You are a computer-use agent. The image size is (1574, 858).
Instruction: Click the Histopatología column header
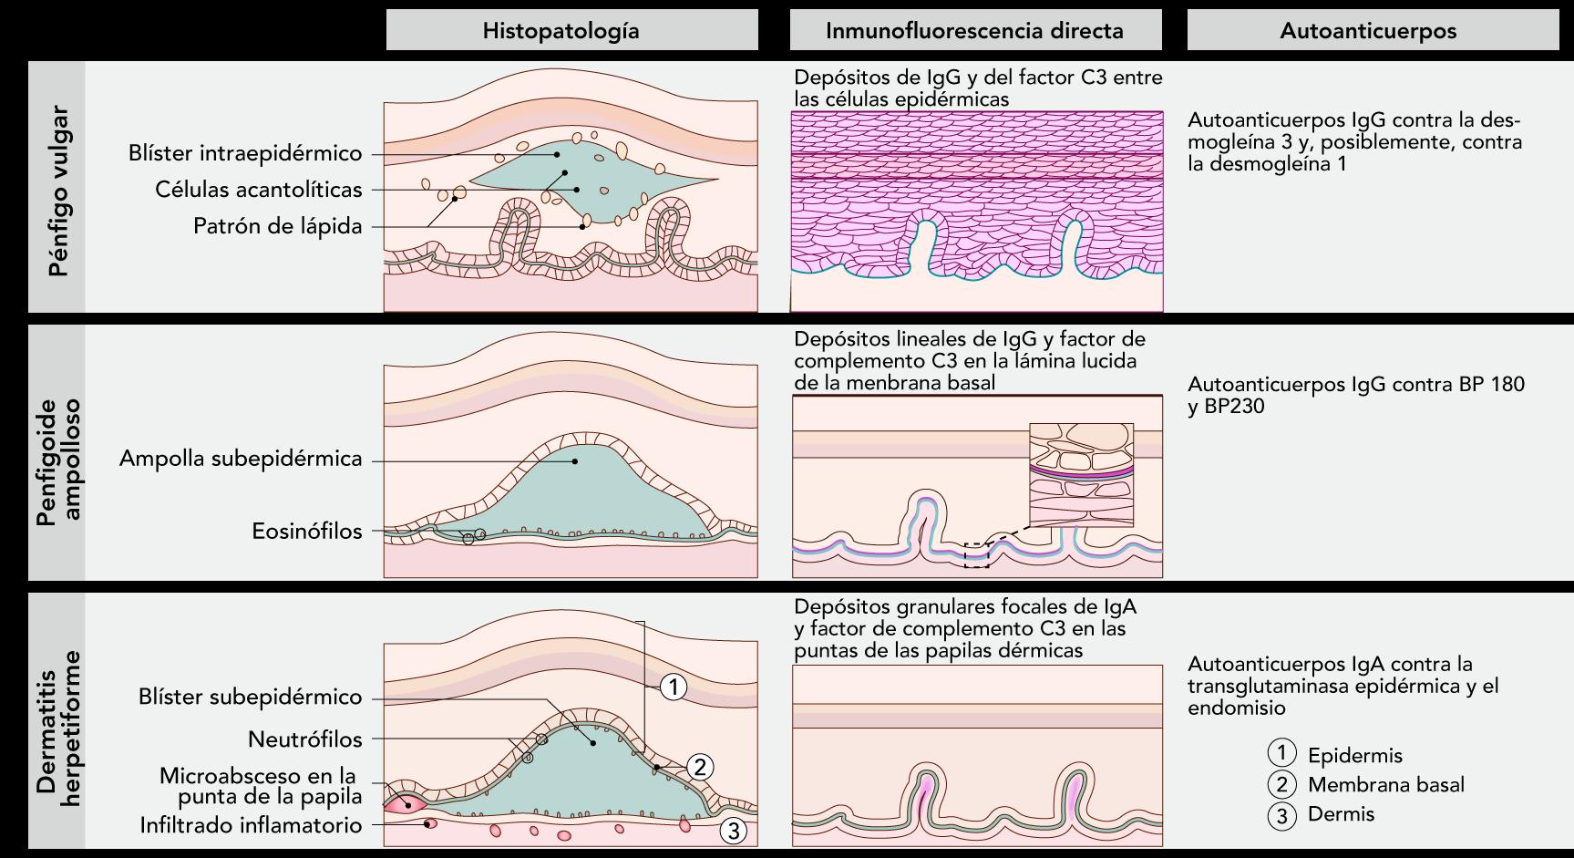coord(561,30)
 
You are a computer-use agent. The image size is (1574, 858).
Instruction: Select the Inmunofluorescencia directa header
coord(974,30)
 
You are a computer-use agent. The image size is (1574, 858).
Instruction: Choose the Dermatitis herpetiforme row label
coord(58,728)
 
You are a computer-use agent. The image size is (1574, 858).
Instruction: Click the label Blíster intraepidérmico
coord(245,153)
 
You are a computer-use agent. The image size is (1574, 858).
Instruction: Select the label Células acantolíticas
coord(258,190)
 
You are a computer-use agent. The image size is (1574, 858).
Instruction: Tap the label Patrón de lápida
coord(277,225)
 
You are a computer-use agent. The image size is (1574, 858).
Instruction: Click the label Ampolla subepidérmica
coord(241,459)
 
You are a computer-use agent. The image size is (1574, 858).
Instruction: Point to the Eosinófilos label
coord(306,531)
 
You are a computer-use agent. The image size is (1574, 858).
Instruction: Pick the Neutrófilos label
coord(304,739)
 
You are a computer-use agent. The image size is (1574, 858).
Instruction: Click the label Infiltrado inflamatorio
coord(251,825)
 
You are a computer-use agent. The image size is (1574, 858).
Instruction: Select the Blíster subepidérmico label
coord(250,697)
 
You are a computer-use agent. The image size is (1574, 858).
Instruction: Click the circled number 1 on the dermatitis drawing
coord(673,687)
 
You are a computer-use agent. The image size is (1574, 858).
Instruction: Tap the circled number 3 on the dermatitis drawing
coord(734,831)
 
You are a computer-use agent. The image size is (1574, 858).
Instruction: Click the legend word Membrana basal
coord(1385,785)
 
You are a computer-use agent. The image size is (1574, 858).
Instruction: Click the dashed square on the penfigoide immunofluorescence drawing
coord(976,555)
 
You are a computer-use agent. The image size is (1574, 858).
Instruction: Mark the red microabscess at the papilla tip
coord(402,803)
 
